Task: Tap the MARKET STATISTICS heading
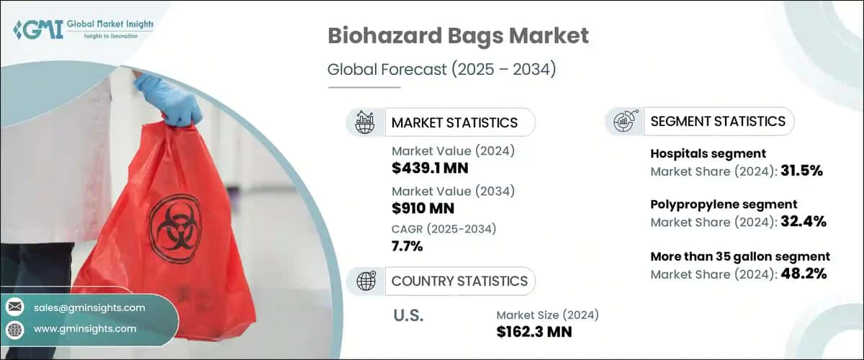pyautogui.click(x=454, y=122)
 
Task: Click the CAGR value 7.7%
pyautogui.click(x=408, y=247)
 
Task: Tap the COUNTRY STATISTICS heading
pyautogui.click(x=459, y=281)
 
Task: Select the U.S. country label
pyautogui.click(x=409, y=316)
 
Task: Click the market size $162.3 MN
pyautogui.click(x=535, y=332)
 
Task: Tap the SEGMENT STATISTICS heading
pyautogui.click(x=718, y=121)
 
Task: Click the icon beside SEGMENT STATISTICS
pyautogui.click(x=623, y=121)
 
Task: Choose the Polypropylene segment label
pyautogui.click(x=724, y=204)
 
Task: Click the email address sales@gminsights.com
pyautogui.click(x=89, y=307)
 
